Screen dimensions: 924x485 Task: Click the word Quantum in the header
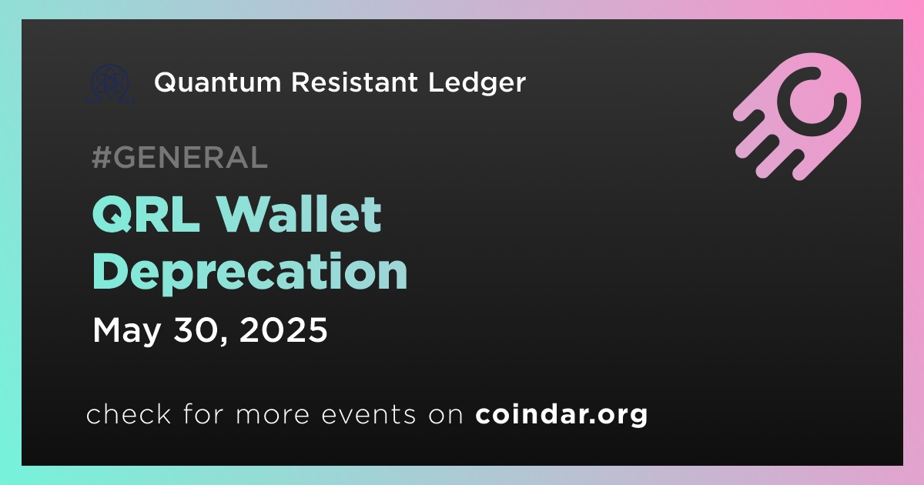tap(218, 82)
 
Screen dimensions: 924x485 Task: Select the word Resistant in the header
tap(355, 82)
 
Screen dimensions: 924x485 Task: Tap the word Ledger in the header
tap(477, 83)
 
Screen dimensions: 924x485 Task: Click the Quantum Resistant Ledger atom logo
tap(109, 83)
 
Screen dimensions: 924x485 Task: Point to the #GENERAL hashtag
tap(180, 157)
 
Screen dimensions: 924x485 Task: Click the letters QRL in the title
tap(146, 215)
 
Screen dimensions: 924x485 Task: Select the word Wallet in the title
tap(299, 214)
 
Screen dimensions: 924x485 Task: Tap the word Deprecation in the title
tap(250, 273)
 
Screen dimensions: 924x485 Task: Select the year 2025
tap(283, 329)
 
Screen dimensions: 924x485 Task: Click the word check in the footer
tap(129, 413)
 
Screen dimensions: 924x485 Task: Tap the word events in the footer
tap(369, 414)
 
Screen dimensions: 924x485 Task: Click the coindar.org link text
tap(561, 415)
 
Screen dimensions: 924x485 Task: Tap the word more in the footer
tap(273, 415)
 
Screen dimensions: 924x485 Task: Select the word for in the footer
tap(203, 413)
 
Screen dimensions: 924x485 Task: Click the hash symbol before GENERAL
tap(101, 157)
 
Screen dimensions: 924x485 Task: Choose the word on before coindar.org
tap(446, 415)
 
